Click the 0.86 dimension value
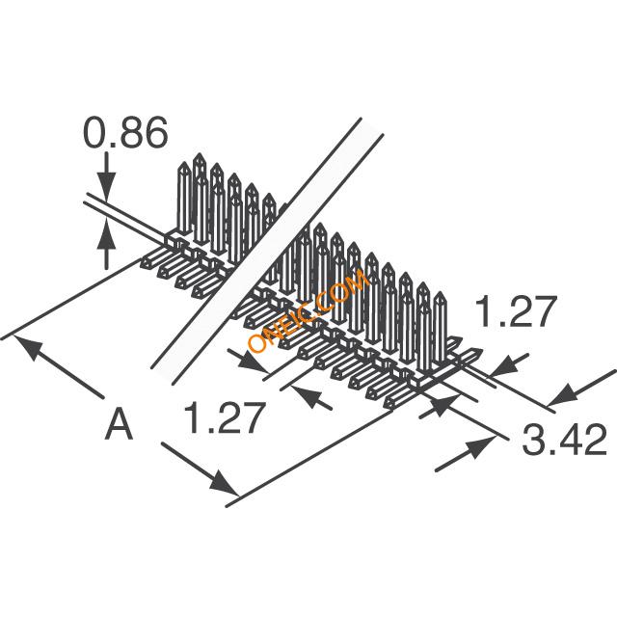pos(125,133)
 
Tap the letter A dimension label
pos(118,424)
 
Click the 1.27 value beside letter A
pos(222,420)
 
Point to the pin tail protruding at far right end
pos(472,359)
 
